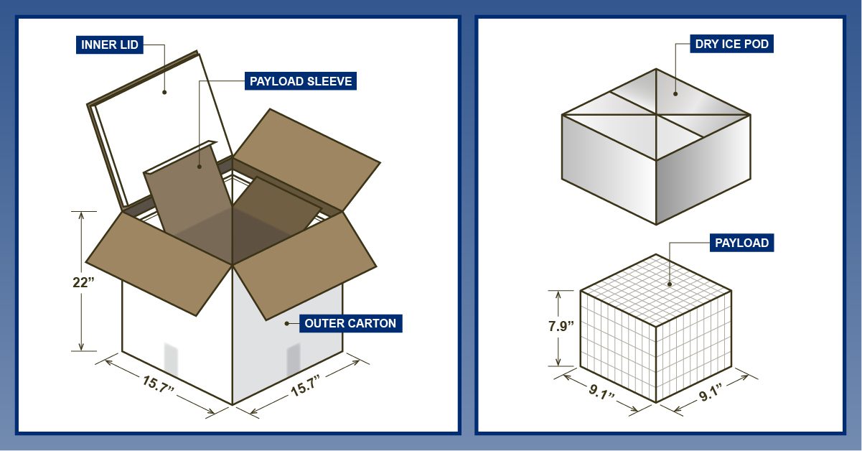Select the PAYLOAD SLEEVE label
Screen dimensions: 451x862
coord(300,81)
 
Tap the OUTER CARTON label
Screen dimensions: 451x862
coord(350,323)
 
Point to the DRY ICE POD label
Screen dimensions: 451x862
coord(731,45)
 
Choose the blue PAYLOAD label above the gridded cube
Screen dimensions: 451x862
coord(741,243)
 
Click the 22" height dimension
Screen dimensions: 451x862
coord(83,282)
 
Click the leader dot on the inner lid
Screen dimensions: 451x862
coord(164,92)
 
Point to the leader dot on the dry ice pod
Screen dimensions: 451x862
coord(675,93)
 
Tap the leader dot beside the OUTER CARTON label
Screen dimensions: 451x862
coord(287,323)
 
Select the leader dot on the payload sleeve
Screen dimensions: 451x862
coord(199,167)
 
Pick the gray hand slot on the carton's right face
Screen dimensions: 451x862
coord(293,358)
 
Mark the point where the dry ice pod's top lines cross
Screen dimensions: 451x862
coord(656,115)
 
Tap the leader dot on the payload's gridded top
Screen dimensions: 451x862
coord(670,284)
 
